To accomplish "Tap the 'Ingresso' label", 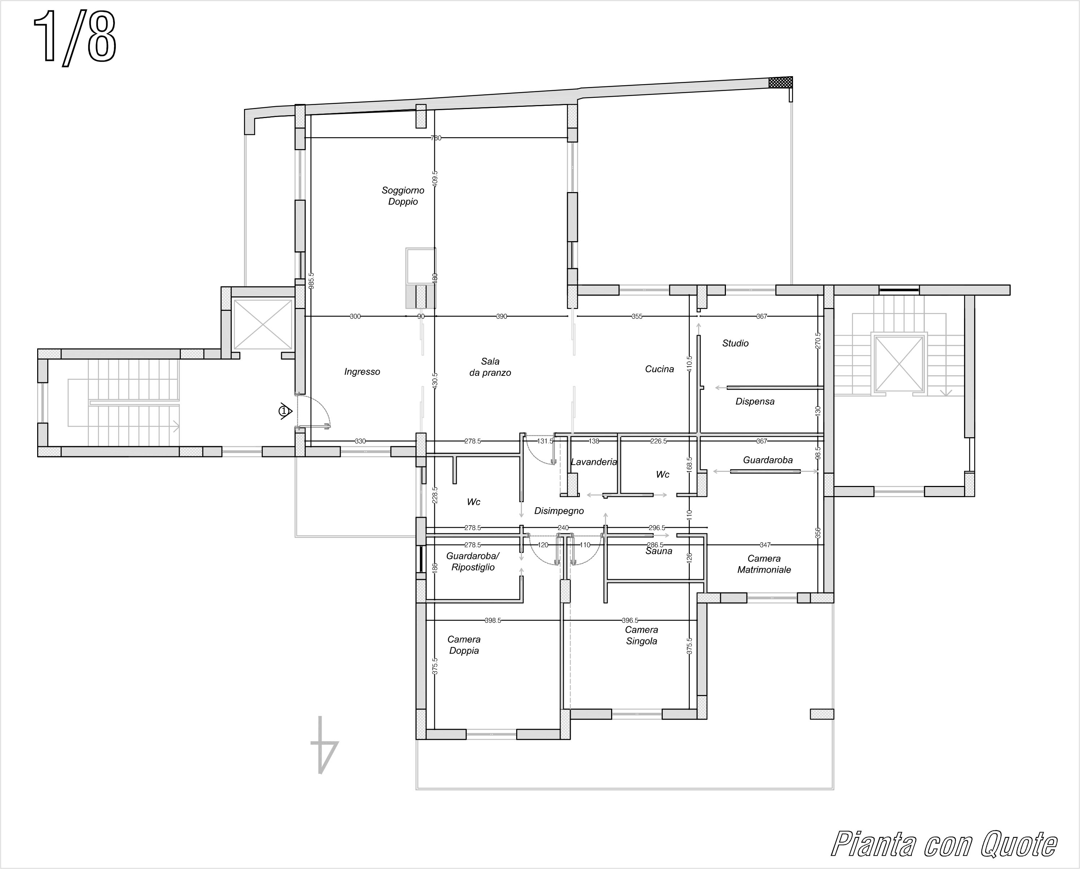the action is [362, 372].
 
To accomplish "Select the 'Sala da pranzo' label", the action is [490, 367].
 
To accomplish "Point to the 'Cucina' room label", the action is [659, 369].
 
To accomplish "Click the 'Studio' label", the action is [735, 343].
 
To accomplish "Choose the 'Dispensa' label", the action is [755, 401].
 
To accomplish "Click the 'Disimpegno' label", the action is [559, 510].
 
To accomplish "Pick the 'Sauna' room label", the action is [659, 551].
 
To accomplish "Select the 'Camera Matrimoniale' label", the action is [764, 564].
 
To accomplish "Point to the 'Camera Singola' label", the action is [641, 635].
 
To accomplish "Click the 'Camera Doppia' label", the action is [464, 645].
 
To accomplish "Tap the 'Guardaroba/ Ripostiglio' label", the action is [473, 562].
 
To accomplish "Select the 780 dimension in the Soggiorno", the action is [436, 138].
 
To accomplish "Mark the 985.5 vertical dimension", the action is [311, 281].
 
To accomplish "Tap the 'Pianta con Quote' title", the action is [944, 844].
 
